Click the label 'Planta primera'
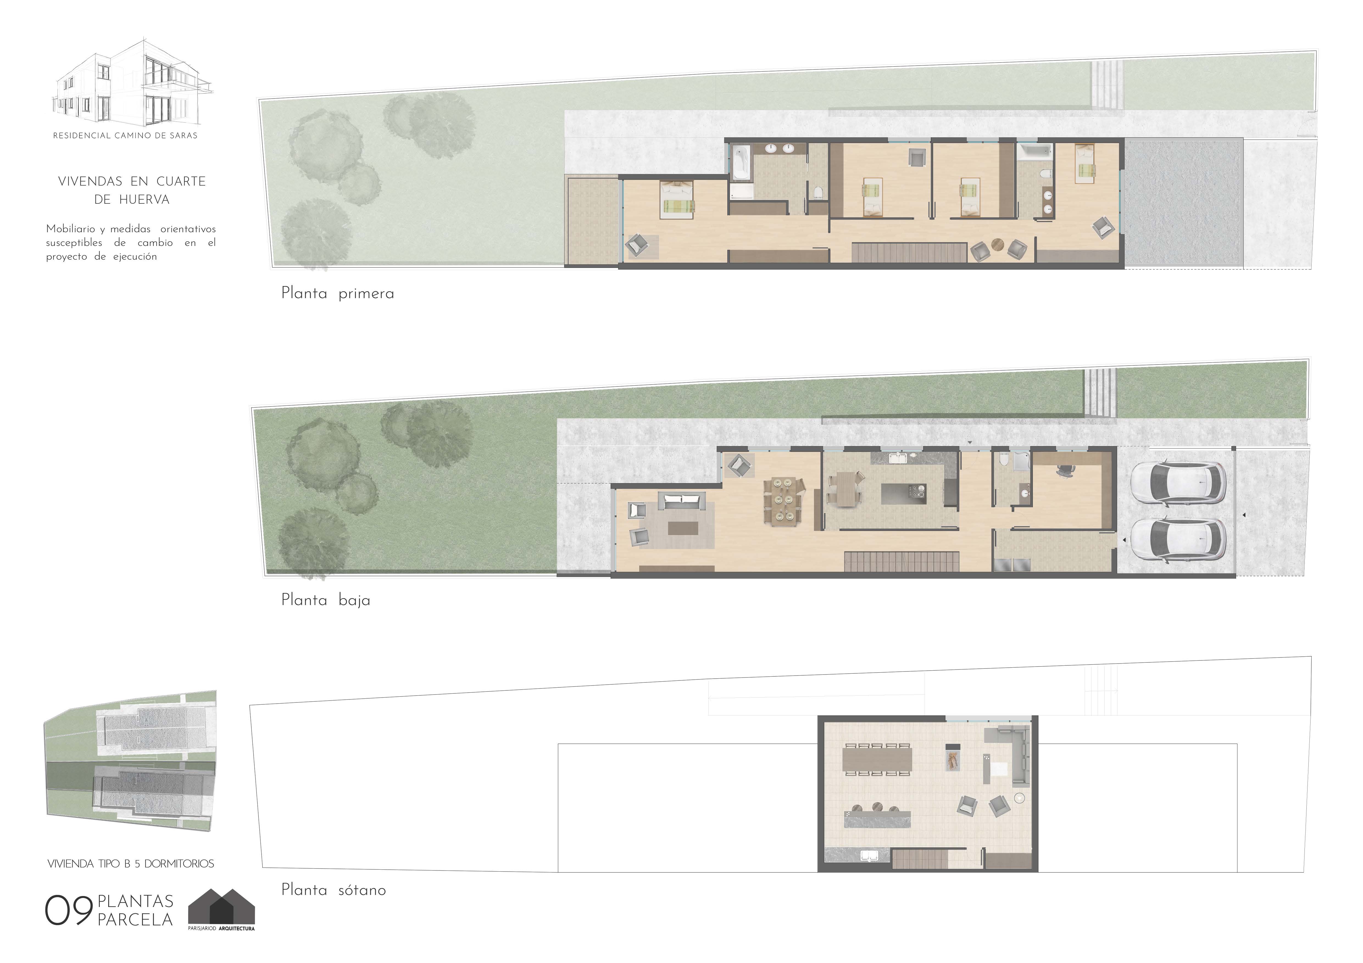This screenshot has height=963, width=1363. (337, 294)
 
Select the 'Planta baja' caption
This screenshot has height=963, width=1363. (325, 600)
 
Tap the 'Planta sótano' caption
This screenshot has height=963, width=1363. (333, 890)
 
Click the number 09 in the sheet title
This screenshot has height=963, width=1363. (68, 911)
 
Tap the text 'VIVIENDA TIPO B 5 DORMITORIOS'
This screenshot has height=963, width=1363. (130, 864)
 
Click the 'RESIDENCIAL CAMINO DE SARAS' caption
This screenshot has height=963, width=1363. (125, 135)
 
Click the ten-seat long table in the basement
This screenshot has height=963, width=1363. (877, 759)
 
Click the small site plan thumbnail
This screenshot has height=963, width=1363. (130, 761)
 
